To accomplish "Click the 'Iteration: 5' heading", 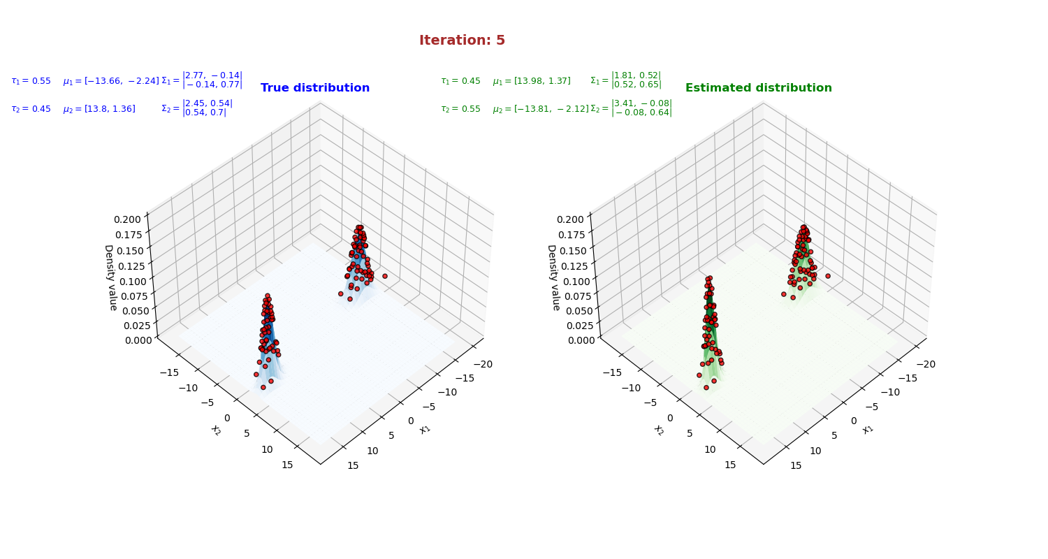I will click(462, 41).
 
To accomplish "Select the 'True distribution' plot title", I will click(315, 88).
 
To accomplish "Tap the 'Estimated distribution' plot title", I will click(758, 88).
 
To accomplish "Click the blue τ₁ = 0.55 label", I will click(31, 81).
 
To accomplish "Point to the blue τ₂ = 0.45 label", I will click(31, 109).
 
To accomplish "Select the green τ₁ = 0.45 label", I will click(460, 81).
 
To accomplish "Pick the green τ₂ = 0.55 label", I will click(460, 109).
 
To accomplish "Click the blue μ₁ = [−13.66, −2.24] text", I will click(110, 81).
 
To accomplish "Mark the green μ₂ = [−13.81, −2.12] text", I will click(540, 109).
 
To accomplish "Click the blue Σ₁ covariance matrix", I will click(202, 80).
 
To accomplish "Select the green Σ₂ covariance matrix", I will click(631, 108).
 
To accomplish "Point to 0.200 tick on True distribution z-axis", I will click(128, 219).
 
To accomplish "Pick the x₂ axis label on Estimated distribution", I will click(659, 430).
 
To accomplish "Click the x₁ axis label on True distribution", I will click(425, 429).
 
